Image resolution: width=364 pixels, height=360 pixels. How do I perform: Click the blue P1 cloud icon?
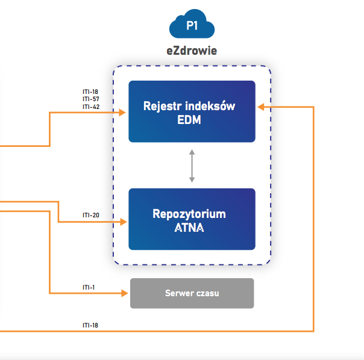click(192, 24)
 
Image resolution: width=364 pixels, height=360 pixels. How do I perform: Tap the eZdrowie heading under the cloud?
click(192, 51)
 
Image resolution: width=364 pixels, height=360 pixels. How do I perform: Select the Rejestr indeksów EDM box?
click(192, 111)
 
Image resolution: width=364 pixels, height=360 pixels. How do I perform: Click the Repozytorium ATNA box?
click(192, 219)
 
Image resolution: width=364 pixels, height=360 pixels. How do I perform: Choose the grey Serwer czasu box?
click(192, 293)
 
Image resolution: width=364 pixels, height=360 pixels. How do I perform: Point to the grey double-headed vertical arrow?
click(192, 166)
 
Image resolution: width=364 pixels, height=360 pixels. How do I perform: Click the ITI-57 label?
click(91, 99)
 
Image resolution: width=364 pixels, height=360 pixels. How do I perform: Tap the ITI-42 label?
click(91, 107)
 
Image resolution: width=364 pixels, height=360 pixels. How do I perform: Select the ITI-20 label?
click(91, 216)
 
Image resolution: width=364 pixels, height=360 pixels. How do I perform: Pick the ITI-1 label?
click(89, 287)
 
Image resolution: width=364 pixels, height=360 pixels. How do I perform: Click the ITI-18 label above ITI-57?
click(90, 92)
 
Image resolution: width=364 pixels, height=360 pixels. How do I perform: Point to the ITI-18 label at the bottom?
click(90, 326)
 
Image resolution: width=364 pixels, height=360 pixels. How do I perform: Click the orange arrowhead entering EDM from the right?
click(261, 107)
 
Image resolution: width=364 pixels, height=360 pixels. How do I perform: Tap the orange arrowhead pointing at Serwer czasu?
click(124, 293)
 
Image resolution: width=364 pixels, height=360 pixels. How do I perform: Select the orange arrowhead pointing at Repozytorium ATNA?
click(124, 222)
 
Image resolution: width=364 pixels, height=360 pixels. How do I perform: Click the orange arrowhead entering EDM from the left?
click(122, 113)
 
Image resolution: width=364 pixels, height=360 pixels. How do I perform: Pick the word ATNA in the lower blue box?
click(189, 228)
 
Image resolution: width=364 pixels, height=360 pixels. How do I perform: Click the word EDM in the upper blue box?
click(189, 120)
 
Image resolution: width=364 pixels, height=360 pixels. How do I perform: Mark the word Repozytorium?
click(189, 214)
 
